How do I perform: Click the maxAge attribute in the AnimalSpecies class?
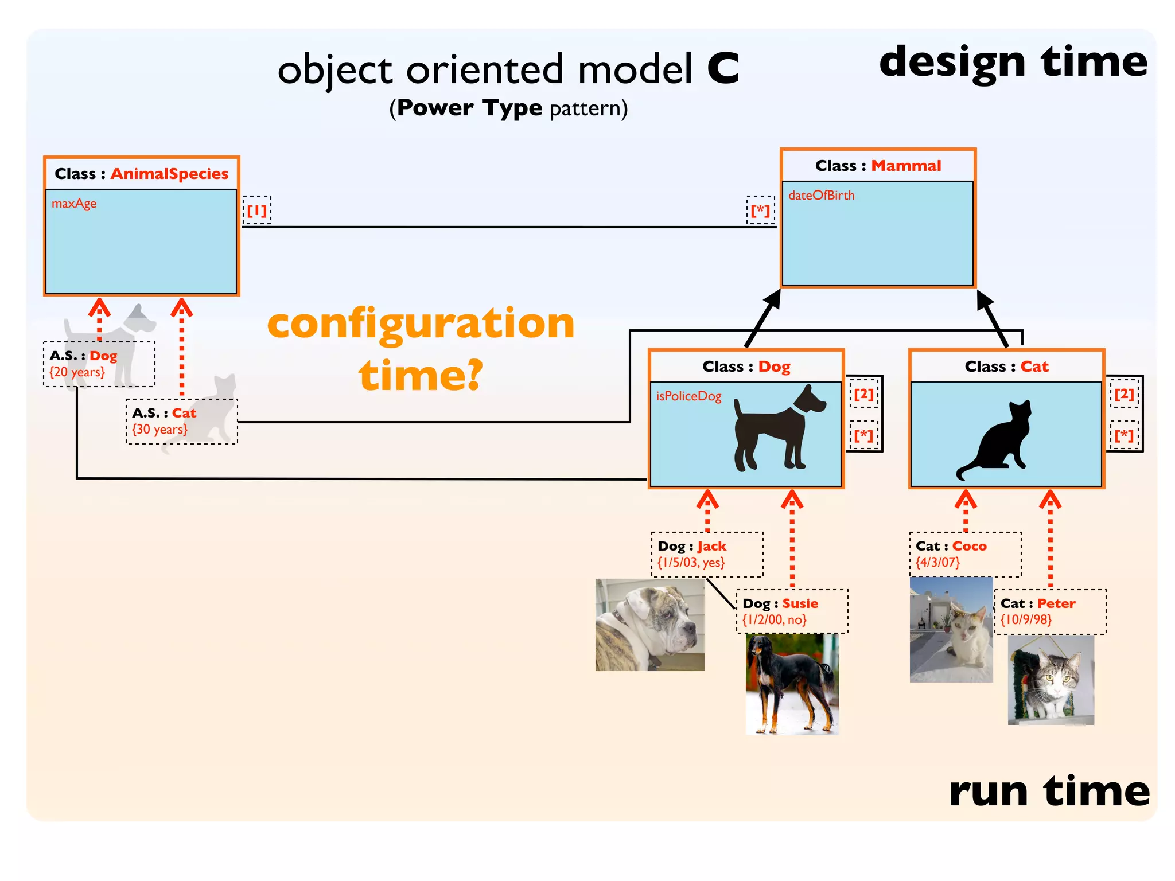pos(74,204)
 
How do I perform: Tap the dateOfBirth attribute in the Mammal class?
pos(821,196)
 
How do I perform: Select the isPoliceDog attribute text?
pos(688,396)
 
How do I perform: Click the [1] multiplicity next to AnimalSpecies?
pos(256,210)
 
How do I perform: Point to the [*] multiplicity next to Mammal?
pos(760,210)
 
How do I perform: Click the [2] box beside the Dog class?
pos(863,394)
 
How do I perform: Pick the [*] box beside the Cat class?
pos(1124,436)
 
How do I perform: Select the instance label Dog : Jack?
pos(692,547)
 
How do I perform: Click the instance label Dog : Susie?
pos(780,604)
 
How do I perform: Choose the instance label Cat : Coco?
pos(951,547)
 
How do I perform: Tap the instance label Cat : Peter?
pos(1038,604)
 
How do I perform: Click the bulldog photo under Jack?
pos(649,625)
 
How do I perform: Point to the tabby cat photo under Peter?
pos(1051,680)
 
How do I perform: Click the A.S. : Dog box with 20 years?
pos(99,364)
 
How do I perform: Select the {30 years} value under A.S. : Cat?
pos(159,430)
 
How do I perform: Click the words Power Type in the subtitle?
pos(469,108)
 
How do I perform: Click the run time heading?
pos(1049,792)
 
